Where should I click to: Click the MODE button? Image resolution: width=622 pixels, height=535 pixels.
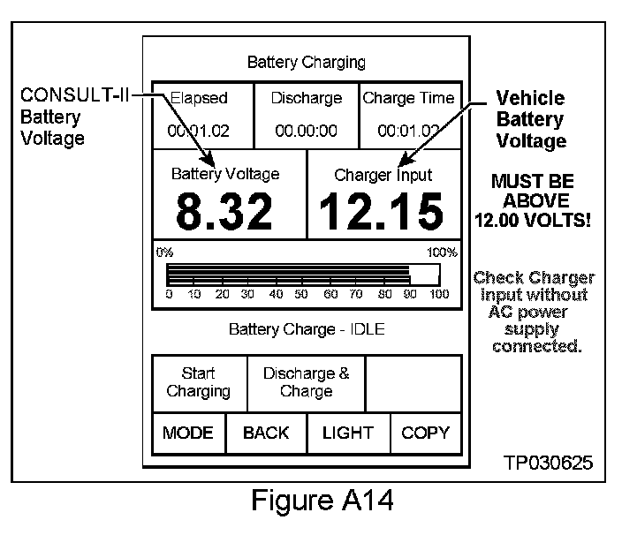click(188, 433)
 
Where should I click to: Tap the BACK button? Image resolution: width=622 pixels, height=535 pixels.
click(266, 433)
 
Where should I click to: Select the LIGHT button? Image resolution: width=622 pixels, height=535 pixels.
click(348, 433)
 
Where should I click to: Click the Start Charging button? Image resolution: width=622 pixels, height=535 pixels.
click(199, 382)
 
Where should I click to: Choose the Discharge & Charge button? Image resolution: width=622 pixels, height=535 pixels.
click(306, 382)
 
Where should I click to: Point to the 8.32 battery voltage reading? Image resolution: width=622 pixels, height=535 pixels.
click(224, 212)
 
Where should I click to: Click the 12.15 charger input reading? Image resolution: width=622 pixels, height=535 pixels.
click(382, 212)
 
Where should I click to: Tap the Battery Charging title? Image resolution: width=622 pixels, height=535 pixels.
click(306, 63)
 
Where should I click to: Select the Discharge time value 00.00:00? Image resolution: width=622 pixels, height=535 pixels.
click(306, 131)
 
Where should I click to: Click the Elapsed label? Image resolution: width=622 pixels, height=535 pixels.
click(199, 98)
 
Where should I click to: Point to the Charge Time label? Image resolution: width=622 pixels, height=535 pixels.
click(408, 98)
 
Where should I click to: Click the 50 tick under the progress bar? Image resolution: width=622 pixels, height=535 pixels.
click(302, 294)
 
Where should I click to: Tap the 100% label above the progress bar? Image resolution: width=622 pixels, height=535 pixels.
click(443, 252)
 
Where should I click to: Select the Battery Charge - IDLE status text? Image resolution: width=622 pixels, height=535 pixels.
click(306, 329)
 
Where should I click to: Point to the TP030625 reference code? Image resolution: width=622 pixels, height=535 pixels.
click(549, 463)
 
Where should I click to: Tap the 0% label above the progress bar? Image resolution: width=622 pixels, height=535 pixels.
click(164, 252)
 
